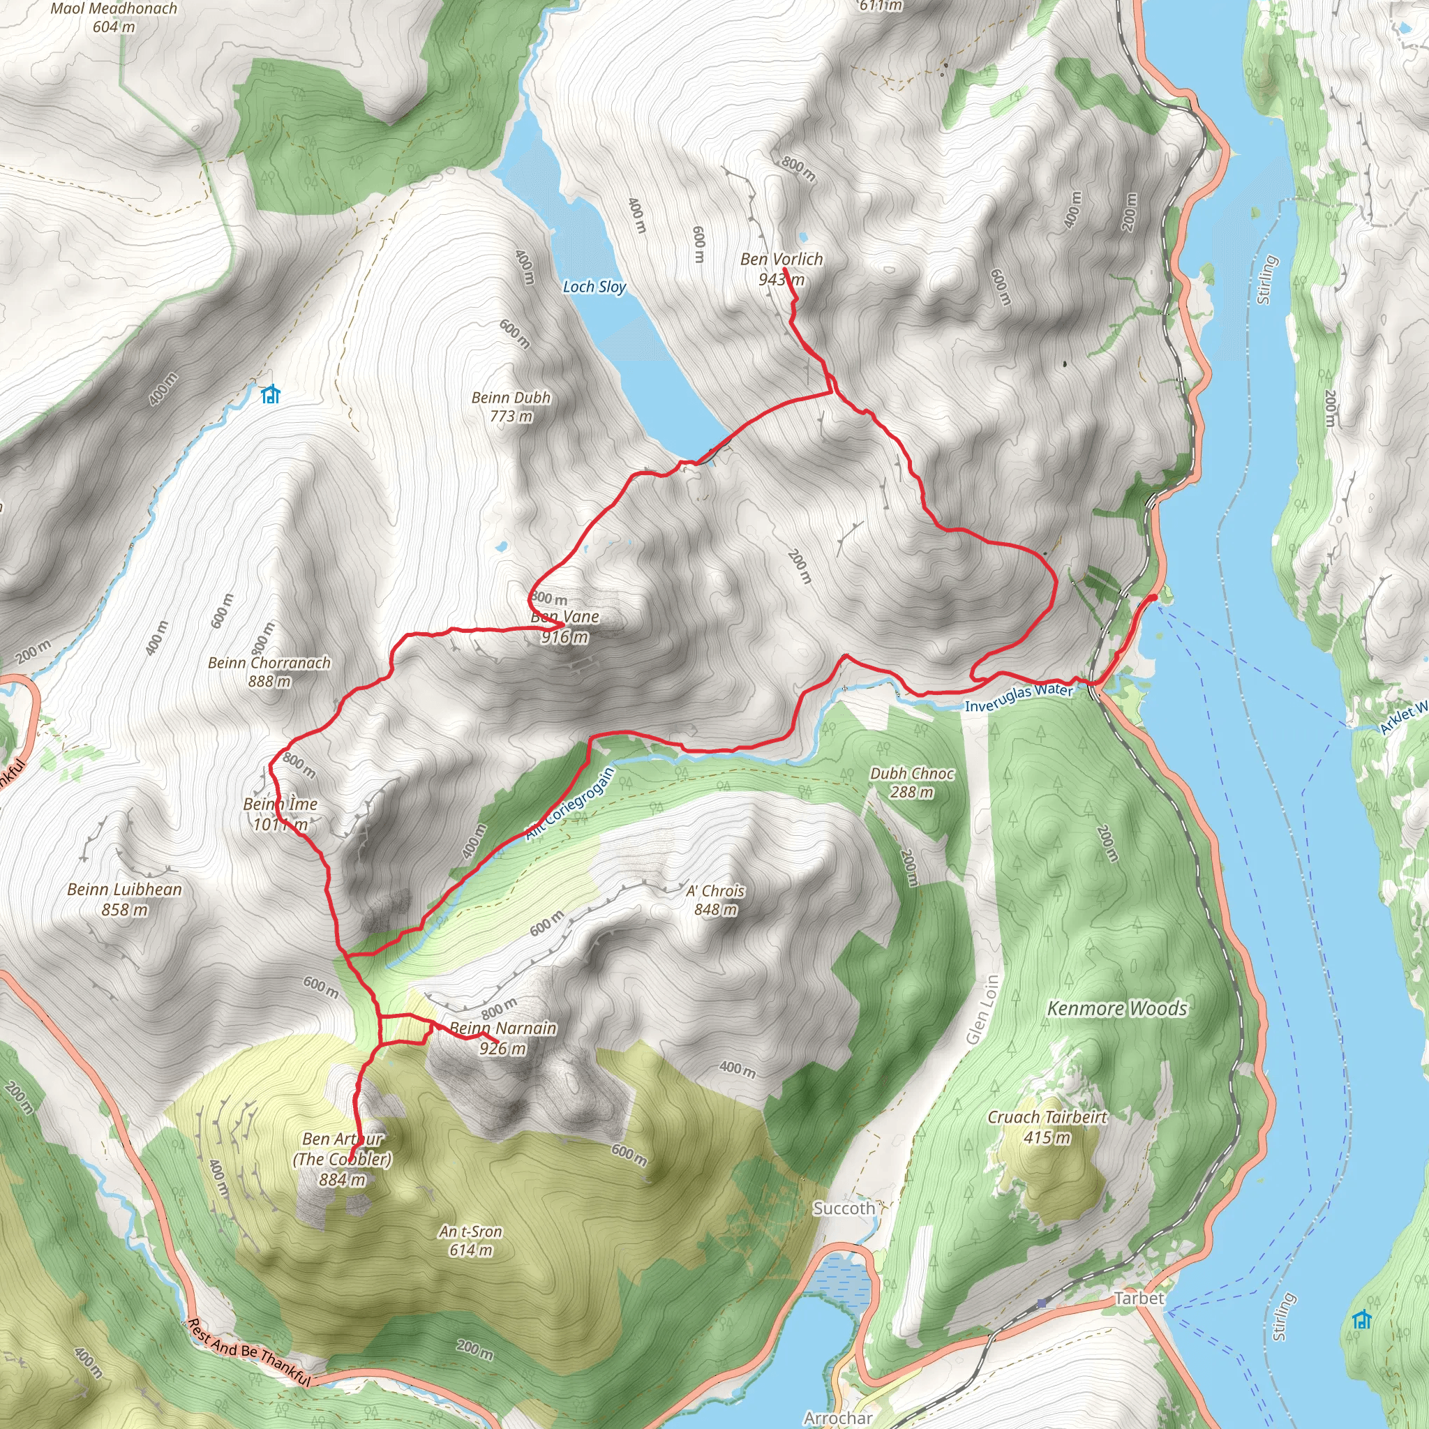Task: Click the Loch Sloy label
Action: point(594,286)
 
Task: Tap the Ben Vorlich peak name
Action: point(781,260)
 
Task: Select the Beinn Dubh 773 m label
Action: point(511,407)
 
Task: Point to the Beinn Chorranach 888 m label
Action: point(269,672)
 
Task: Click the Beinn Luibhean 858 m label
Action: point(124,899)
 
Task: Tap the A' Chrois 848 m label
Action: point(714,900)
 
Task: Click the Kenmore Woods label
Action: point(1117,1009)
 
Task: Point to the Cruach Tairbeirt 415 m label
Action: point(1047,1126)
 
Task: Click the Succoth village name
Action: point(843,1209)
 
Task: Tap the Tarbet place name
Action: point(1138,1298)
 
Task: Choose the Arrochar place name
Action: point(838,1418)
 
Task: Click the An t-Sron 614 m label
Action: point(470,1241)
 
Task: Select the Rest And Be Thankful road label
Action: point(248,1352)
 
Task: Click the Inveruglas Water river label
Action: point(1019,698)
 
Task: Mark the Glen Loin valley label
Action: point(983,1010)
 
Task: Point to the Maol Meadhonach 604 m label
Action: point(114,17)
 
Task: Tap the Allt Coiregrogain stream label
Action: point(570,804)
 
